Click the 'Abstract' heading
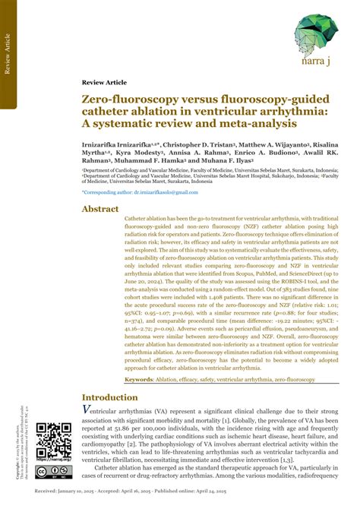point(100,209)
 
